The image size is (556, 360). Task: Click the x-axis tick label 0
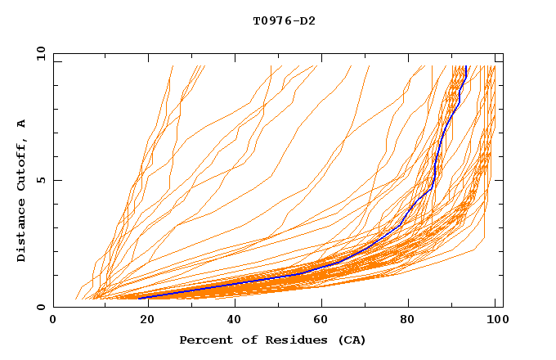[x=53, y=321]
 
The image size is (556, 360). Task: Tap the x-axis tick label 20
[x=142, y=321]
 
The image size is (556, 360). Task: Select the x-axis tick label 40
[x=231, y=321]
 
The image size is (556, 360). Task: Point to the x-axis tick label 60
[x=319, y=321]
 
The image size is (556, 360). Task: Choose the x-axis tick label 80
[x=408, y=321]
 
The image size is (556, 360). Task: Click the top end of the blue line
[x=465, y=67]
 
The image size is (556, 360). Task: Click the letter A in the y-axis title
[x=22, y=123]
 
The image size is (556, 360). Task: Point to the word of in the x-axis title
[x=247, y=340]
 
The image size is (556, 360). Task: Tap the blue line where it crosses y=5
[x=435, y=180]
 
